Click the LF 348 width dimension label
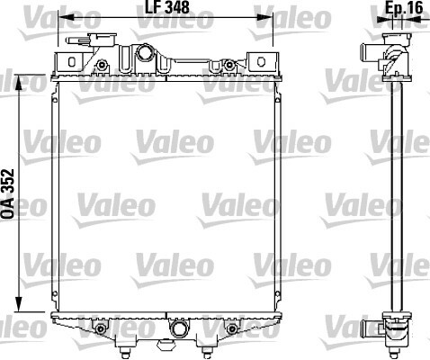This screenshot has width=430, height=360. pyautogui.click(x=167, y=7)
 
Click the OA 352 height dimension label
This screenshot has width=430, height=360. pyautogui.click(x=7, y=193)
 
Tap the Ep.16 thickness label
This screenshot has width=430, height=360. pyautogui.click(x=404, y=7)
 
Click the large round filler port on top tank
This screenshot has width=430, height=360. pyautogui.click(x=145, y=52)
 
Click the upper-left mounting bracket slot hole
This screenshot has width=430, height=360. pyautogui.click(x=71, y=61)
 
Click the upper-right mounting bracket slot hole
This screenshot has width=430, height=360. pyautogui.click(x=261, y=61)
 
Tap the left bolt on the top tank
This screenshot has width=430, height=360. pyautogui.click(x=103, y=64)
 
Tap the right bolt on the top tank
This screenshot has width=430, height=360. pyautogui.click(x=229, y=64)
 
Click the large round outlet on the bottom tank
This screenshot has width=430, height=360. pyautogui.click(x=178, y=328)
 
